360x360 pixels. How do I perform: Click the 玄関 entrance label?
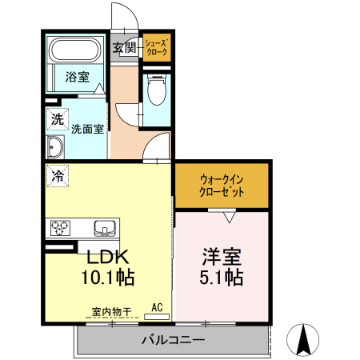tap(125, 48)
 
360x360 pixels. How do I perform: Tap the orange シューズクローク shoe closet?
tap(157, 48)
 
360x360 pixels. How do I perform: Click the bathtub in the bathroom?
tap(74, 53)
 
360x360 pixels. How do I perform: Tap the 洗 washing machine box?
tap(56, 119)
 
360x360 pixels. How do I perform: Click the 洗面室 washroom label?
tap(86, 128)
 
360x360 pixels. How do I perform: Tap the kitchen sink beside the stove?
tap(104, 227)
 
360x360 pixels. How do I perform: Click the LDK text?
tap(108, 258)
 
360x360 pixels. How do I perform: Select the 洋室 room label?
tap(221, 258)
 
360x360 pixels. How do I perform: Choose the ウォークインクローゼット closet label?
tap(222, 186)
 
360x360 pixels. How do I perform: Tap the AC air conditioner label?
tap(157, 306)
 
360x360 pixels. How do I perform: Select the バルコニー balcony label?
tap(172, 340)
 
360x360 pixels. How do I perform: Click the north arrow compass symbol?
tap(304, 339)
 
